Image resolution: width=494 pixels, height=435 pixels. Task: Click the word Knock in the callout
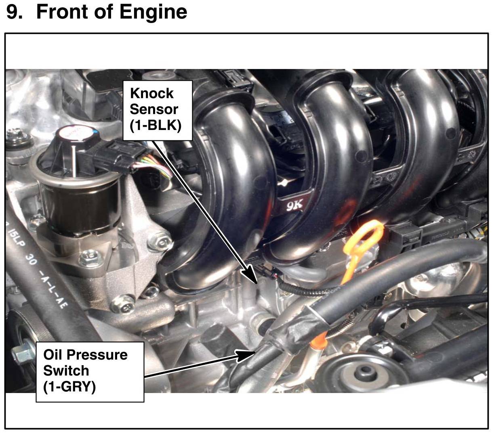tap(151, 93)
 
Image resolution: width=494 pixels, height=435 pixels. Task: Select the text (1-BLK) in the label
tap(156, 125)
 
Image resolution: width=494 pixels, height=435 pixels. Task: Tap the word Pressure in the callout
tap(97, 355)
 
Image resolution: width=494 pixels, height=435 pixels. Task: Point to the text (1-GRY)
tap(69, 387)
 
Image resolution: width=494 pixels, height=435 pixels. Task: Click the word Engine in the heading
tap(153, 12)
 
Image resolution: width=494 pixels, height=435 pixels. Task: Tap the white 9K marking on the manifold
tap(294, 206)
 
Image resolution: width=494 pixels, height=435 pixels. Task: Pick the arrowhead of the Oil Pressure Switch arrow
tap(245, 356)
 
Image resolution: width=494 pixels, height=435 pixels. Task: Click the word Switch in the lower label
tap(66, 371)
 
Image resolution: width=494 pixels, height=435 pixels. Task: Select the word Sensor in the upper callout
tap(154, 109)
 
